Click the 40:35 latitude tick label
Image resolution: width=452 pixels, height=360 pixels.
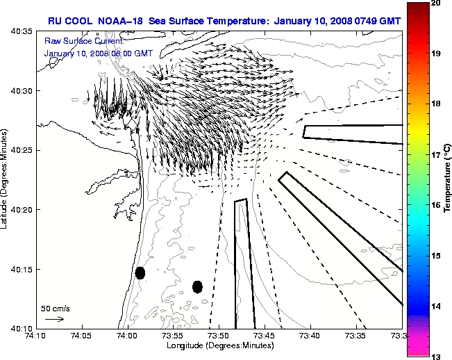[x=22, y=32]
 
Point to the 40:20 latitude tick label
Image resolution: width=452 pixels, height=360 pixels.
[x=22, y=210]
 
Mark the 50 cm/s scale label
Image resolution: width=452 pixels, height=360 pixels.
[x=55, y=308]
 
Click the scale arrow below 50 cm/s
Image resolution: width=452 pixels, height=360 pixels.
[x=54, y=319]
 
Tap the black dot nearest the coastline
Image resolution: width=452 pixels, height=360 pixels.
[x=140, y=272]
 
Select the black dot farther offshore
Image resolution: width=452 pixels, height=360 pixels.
[x=197, y=286]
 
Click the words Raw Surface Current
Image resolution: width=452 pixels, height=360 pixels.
[x=77, y=42]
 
